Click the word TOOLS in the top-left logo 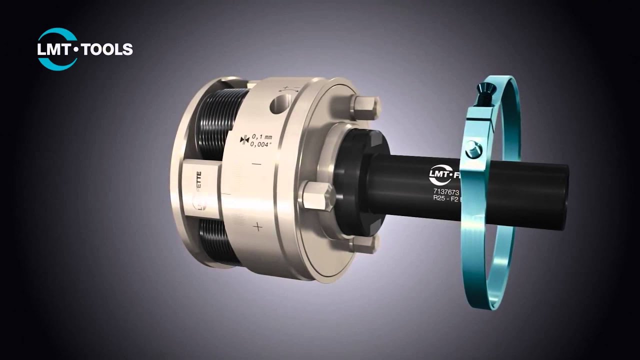click(x=107, y=49)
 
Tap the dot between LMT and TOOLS click(x=77, y=49)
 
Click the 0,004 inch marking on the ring click(x=261, y=144)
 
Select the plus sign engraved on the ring click(x=257, y=227)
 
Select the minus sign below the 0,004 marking click(x=256, y=164)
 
